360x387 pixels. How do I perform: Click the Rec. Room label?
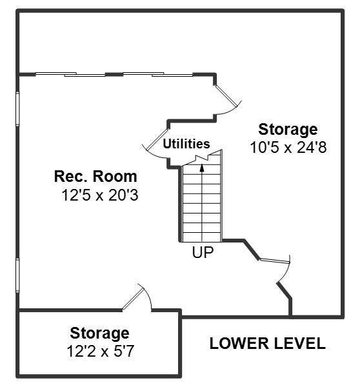(95, 177)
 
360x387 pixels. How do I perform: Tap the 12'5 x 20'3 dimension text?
(100, 195)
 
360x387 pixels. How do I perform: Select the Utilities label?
(186, 144)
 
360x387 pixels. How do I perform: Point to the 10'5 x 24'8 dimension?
(288, 148)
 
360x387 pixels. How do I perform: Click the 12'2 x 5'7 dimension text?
(101, 351)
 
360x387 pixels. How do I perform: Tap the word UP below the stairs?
(203, 252)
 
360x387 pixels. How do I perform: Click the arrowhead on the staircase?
(202, 168)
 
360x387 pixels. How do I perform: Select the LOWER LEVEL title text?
(267, 343)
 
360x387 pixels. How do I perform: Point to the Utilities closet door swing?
(156, 144)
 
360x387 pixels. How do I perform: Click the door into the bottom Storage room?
(137, 297)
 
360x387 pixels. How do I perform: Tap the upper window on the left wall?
(17, 108)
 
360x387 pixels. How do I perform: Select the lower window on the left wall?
(17, 275)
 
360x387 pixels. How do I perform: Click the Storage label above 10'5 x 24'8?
(288, 130)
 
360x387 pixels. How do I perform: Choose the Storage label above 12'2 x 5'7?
(99, 333)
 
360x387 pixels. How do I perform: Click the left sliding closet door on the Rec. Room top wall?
(70, 74)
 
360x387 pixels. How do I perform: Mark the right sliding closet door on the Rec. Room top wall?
(158, 74)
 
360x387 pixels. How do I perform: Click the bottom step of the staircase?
(202, 237)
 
